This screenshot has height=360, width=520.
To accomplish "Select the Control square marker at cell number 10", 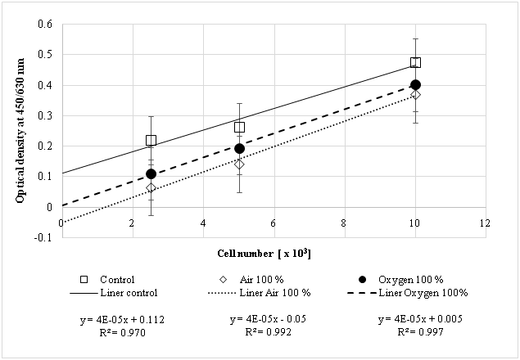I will pyautogui.click(x=415, y=62).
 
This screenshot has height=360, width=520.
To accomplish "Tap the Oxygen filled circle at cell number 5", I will pyautogui.click(x=239, y=148).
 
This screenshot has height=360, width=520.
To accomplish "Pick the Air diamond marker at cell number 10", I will pyautogui.click(x=415, y=95).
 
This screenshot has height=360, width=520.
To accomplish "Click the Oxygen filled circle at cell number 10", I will pyautogui.click(x=415, y=84).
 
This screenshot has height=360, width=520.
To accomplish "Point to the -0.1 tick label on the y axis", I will pyautogui.click(x=43, y=237).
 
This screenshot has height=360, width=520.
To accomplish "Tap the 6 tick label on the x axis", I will pyautogui.click(x=274, y=223).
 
